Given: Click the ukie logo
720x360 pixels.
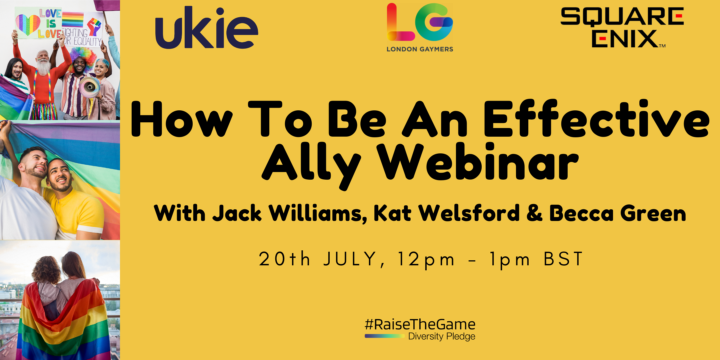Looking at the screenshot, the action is [x=207, y=28].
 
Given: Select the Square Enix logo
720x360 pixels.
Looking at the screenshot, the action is [x=622, y=28].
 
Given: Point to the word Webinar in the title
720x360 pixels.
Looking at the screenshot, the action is [x=479, y=162].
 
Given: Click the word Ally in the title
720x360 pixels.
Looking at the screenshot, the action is [x=311, y=166].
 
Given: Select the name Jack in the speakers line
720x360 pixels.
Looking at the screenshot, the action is [x=237, y=213].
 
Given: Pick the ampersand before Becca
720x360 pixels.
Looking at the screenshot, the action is [x=534, y=213].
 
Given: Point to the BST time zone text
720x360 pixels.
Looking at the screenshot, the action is [x=563, y=259].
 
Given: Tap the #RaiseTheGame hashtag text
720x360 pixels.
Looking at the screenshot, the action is [x=420, y=324].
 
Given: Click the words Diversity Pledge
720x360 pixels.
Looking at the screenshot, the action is [x=442, y=336].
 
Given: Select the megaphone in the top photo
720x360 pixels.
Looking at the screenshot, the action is [x=89, y=87].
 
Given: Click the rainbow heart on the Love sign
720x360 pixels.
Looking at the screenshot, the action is [x=28, y=24].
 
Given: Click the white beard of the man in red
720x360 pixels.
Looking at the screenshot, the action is [x=43, y=67].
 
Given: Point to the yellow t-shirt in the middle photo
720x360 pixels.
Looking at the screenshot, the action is [x=75, y=212].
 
